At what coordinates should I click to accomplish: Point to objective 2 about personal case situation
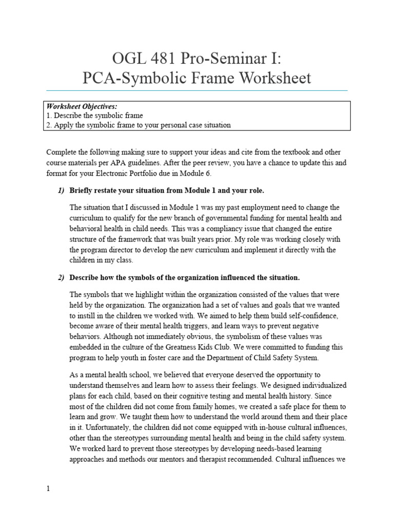tap(139, 125)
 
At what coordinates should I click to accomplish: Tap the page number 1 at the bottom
tap(48, 489)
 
